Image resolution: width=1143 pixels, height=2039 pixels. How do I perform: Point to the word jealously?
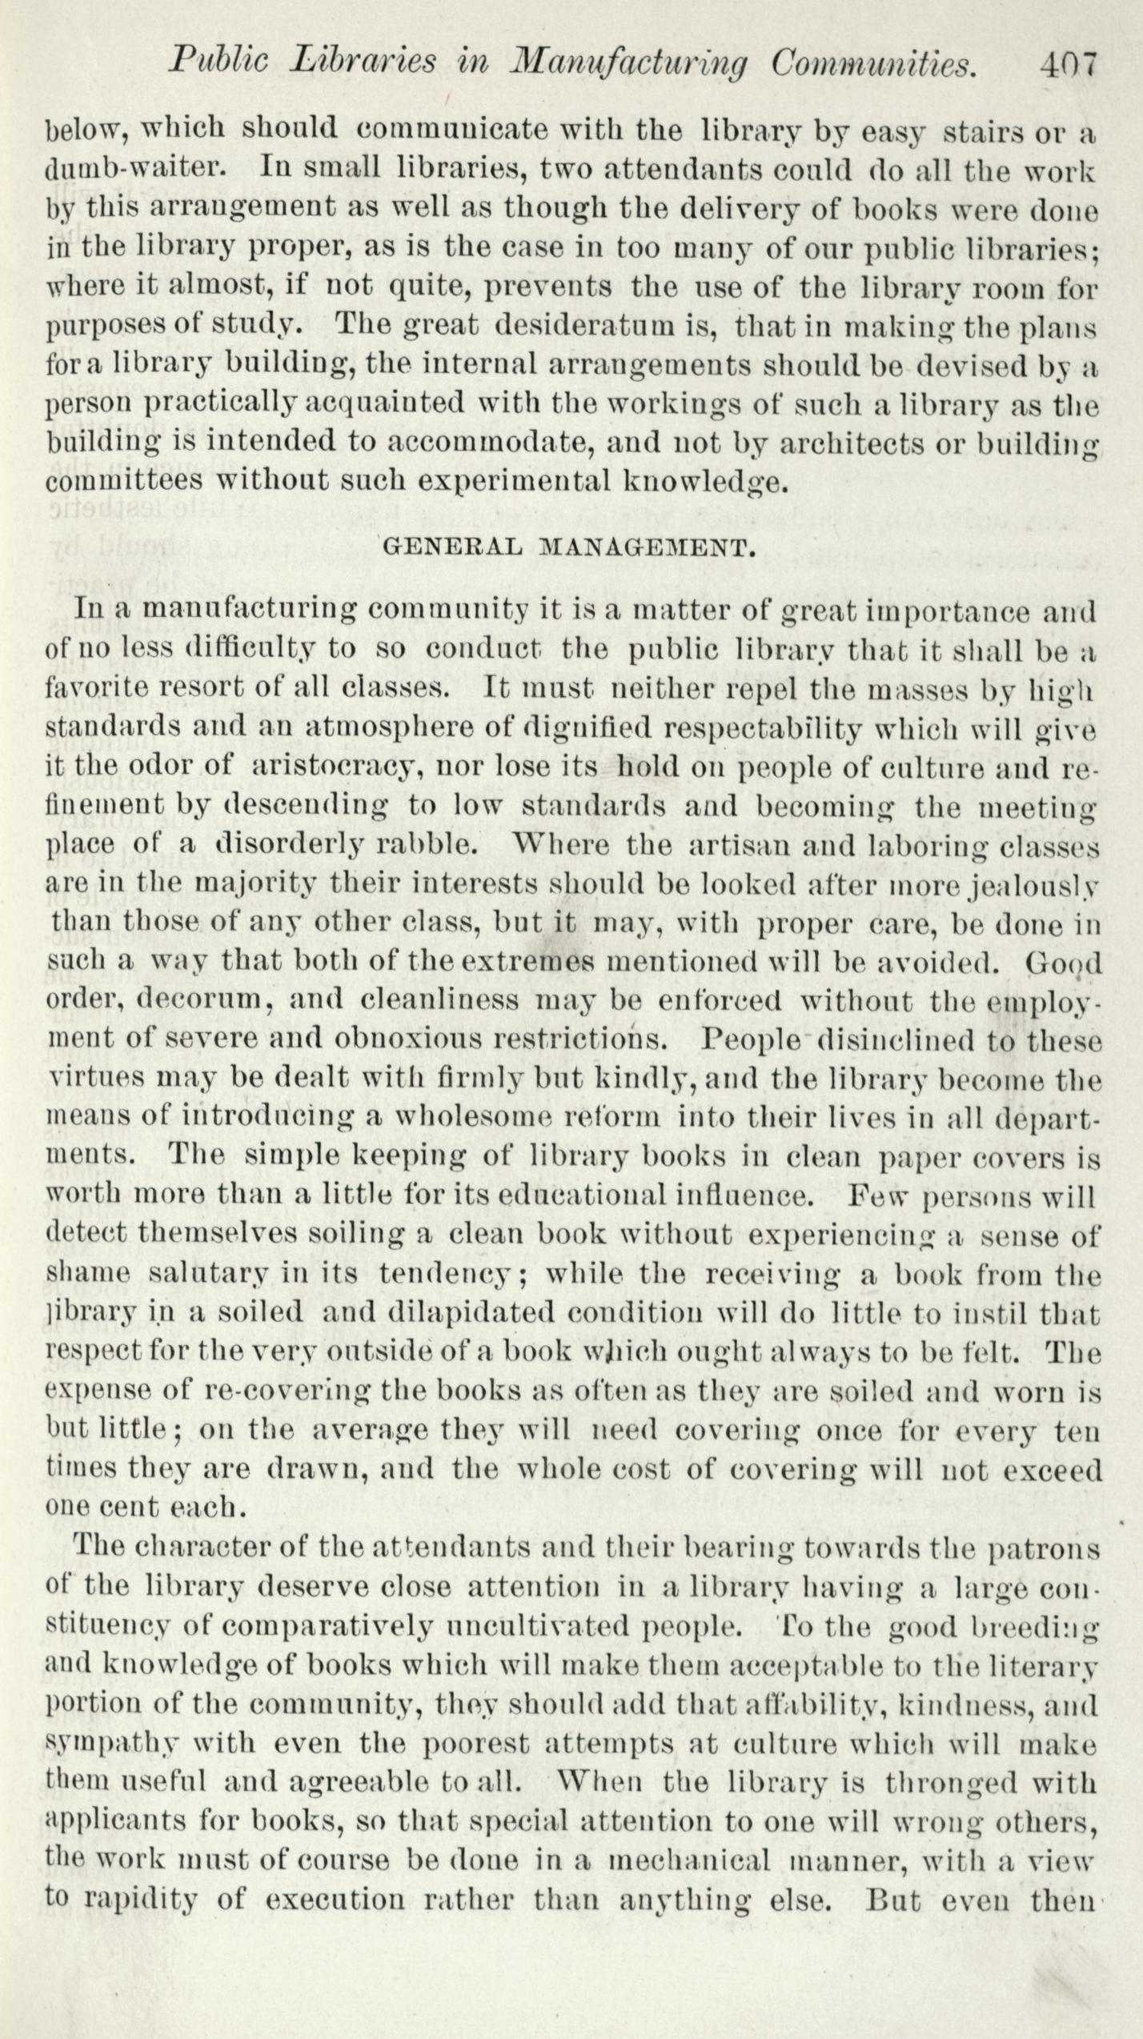[x=1045, y=883]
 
